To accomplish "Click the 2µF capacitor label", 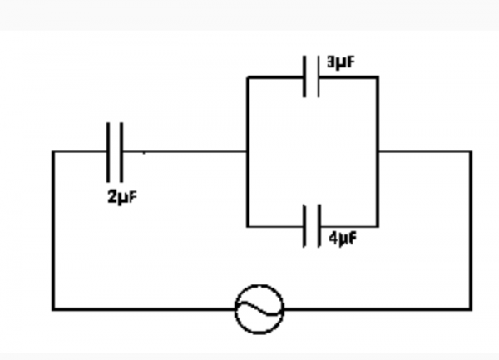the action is [122, 197].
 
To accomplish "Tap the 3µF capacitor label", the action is [341, 62].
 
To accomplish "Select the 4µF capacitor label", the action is [343, 239].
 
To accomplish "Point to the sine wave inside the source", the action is [259, 309].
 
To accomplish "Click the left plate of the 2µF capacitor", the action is [108, 152].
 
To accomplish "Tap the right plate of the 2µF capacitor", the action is [121, 152].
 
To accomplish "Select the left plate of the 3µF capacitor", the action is [304, 76].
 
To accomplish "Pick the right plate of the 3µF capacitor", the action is [319, 76].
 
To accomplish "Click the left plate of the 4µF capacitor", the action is [304, 226].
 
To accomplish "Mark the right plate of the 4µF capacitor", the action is [319, 226].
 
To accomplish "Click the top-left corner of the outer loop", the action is [53, 152].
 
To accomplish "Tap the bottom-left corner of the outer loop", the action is [53, 308].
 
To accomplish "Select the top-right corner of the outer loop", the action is [471, 152].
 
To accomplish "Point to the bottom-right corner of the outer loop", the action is [471, 308].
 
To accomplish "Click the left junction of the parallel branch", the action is [248, 152].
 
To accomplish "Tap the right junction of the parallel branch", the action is [378, 152].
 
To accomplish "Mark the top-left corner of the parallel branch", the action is [248, 77].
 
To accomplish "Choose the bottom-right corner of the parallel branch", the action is [378, 226].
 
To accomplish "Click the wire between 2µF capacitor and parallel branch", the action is [185, 152].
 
